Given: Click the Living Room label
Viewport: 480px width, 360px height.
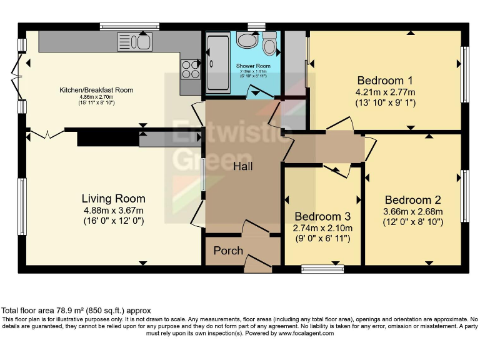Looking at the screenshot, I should pos(114,199).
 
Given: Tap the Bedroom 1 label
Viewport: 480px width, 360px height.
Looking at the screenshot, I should pos(384,81).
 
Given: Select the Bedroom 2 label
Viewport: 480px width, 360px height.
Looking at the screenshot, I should pos(412,200).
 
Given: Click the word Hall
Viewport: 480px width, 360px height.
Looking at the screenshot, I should pos(243,166).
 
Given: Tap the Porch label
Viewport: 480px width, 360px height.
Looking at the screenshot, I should pos(228,251).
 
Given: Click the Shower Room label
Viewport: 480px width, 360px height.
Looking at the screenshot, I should pos(253,66).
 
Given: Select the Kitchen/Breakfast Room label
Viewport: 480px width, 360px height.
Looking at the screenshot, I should pos(96,90).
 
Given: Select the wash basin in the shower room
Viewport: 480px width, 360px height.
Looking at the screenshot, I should pos(246,41).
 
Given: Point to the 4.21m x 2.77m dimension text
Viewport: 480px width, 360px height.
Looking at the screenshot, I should pos(384,92).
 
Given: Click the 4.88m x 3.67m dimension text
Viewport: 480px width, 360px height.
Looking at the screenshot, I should pos(114,211).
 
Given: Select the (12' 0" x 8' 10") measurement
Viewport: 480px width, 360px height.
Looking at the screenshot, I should pos(412,222).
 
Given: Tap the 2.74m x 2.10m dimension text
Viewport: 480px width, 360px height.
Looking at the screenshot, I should pos(322,228).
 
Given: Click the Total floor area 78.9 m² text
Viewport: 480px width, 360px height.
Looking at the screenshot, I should pos(76,311).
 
